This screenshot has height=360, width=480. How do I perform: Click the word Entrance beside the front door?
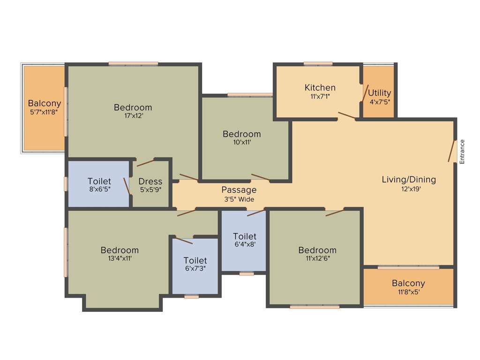point(462,151)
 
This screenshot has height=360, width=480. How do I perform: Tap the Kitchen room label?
point(320,88)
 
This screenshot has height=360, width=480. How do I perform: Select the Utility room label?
point(379,93)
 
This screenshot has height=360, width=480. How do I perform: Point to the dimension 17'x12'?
point(133,117)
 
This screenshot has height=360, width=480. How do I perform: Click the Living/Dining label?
point(409,180)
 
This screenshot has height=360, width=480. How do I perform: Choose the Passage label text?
point(239,190)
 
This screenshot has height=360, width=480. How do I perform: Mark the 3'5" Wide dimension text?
point(239,199)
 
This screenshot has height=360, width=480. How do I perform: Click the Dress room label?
point(150,181)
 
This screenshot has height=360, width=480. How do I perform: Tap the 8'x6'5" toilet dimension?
point(99,190)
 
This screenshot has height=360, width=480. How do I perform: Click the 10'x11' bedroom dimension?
point(241,143)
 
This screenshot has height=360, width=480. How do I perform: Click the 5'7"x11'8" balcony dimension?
point(44,112)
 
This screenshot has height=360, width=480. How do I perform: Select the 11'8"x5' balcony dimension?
point(408,292)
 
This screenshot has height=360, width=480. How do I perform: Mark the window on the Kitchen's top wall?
point(318,64)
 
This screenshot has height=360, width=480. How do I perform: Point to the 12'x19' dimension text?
point(409,189)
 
